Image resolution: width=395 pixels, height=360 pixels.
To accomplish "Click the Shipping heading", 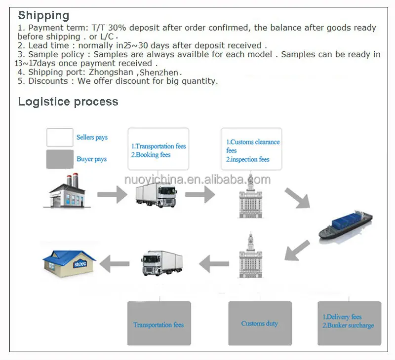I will coord(43,15).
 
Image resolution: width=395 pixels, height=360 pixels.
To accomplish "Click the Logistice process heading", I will coord(68,102).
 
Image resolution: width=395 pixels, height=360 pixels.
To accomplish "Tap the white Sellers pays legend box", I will coord(60,137).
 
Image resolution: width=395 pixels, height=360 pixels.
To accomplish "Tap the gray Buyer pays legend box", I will coord(60,159).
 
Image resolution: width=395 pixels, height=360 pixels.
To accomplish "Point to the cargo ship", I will coord(346,224).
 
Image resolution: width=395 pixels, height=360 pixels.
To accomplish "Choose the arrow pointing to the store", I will coord(115,263).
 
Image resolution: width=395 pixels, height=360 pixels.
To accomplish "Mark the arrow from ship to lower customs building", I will coord(298,250).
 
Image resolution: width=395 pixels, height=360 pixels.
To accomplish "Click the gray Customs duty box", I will coord(260,324).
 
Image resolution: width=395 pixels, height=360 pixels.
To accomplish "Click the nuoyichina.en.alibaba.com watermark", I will coord(197,179).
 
